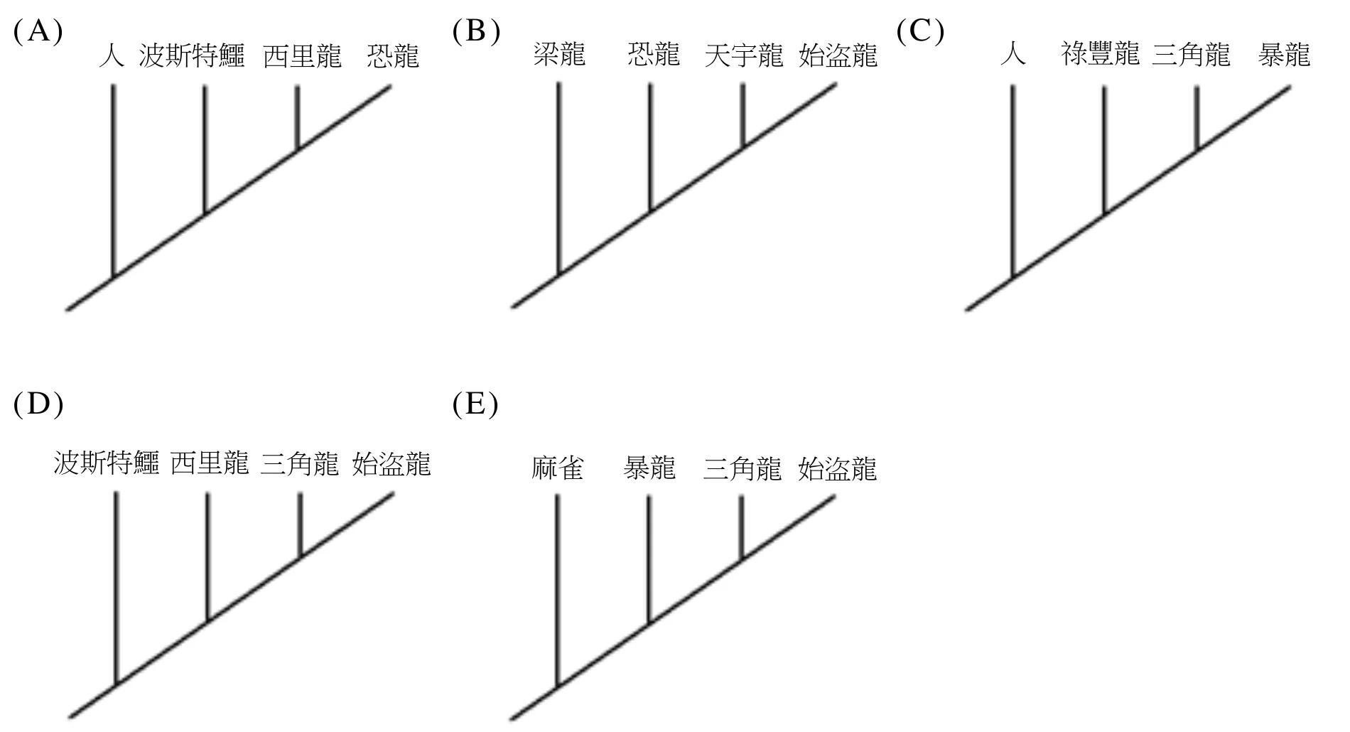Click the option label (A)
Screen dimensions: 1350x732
click(x=38, y=32)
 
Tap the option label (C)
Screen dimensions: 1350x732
click(x=921, y=32)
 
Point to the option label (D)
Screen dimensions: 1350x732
click(x=38, y=404)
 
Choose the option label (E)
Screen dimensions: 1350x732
click(x=475, y=404)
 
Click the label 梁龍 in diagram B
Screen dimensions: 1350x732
click(x=559, y=55)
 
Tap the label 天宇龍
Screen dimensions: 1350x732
click(x=744, y=55)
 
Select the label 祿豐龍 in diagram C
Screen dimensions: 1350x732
click(x=1101, y=54)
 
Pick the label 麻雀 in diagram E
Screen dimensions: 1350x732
click(x=558, y=468)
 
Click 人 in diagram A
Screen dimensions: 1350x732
click(x=112, y=55)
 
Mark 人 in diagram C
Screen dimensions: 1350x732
click(x=1012, y=54)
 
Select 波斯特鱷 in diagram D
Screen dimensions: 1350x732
click(x=107, y=463)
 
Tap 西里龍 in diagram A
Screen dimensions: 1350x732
click(x=302, y=56)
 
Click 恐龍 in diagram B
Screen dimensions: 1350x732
click(x=654, y=55)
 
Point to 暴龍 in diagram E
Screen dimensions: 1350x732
click(x=649, y=468)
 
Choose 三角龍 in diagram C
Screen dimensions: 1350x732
click(x=1191, y=54)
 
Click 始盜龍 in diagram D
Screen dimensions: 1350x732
click(x=391, y=463)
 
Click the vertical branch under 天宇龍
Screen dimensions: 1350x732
click(x=742, y=115)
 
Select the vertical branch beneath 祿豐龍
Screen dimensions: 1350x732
click(x=1103, y=150)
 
